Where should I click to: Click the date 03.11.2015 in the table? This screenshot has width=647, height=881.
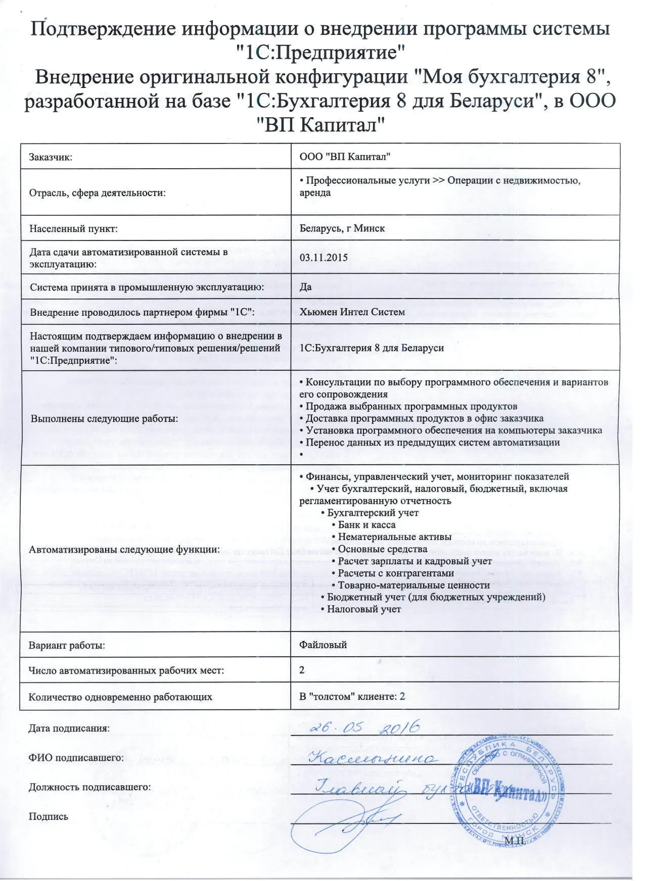[x=323, y=258]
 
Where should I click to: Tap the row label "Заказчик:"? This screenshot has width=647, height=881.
[x=51, y=157]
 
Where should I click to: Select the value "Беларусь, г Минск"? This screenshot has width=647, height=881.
[x=342, y=228]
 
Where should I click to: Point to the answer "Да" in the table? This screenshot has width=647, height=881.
[x=305, y=287]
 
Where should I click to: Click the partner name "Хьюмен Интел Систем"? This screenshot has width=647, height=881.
[x=352, y=312]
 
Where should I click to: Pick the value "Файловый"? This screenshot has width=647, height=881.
[x=323, y=645]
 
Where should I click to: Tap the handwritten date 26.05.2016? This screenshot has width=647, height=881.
[x=364, y=727]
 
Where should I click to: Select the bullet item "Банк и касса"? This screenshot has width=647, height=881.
[x=366, y=525]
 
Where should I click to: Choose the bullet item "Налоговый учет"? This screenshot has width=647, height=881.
[x=363, y=609]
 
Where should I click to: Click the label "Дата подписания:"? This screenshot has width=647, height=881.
[x=69, y=728]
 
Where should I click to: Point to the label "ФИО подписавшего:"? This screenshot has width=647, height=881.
[x=76, y=758]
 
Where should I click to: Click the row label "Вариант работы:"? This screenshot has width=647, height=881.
[x=67, y=645]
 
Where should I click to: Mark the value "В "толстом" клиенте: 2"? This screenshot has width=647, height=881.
[x=352, y=697]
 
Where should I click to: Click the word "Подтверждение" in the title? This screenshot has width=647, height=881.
[x=103, y=28]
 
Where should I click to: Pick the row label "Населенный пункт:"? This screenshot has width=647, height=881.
[x=73, y=229]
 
